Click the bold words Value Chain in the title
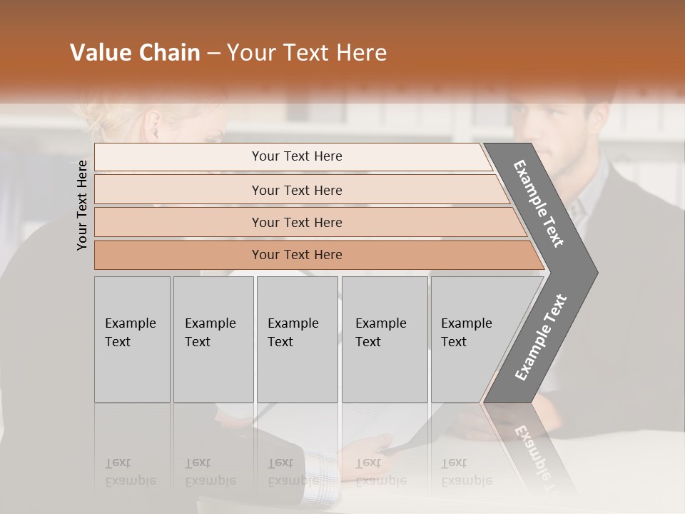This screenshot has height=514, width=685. [x=135, y=53]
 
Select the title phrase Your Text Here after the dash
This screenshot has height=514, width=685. [x=307, y=53]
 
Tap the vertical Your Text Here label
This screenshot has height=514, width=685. [x=82, y=205]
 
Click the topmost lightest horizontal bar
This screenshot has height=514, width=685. [x=296, y=156]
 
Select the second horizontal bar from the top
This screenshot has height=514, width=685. [x=296, y=190]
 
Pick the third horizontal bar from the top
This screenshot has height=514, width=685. [x=296, y=222]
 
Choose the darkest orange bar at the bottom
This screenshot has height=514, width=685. [x=296, y=255]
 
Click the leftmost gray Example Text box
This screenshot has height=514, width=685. [x=132, y=339]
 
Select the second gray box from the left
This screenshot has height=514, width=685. [x=213, y=339]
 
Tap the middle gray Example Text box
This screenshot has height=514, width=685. [x=297, y=339]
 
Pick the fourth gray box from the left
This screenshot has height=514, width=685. [x=385, y=339]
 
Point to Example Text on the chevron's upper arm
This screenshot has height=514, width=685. [x=539, y=203]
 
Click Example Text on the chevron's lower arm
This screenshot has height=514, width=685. [x=541, y=337]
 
